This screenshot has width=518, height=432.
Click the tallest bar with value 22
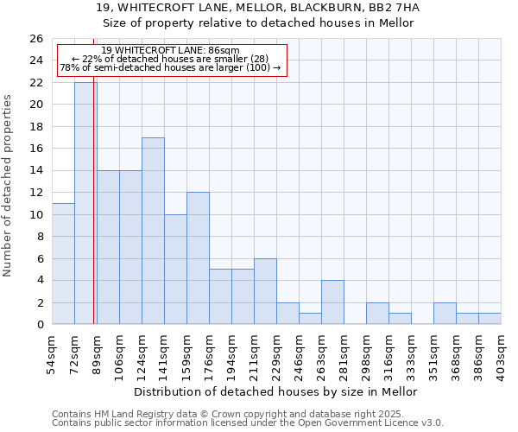pyautogui.click(x=85, y=203)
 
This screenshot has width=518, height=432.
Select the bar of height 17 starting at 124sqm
pyautogui.click(x=153, y=231)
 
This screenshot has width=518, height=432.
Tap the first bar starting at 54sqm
pyautogui.click(x=63, y=264)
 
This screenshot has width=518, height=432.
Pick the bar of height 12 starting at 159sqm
pyautogui.click(x=198, y=258)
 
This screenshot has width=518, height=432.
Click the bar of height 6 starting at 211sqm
pyautogui.click(x=265, y=291)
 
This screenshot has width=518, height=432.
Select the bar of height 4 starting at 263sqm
pyautogui.click(x=332, y=302)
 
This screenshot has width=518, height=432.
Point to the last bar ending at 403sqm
pyautogui.click(x=490, y=319)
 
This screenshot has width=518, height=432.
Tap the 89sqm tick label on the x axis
pyautogui.click(x=96, y=350)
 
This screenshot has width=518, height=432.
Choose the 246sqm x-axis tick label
pyautogui.click(x=298, y=350)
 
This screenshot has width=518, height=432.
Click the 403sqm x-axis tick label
pyautogui.click(x=500, y=350)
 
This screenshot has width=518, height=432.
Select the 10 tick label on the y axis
pyautogui.click(x=35, y=214)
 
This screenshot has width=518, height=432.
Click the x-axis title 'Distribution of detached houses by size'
pyautogui.click(x=276, y=391)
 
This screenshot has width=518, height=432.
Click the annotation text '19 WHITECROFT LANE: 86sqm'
pyautogui.click(x=170, y=51)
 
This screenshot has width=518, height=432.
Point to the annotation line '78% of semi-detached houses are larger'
pyautogui.click(x=170, y=67)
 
